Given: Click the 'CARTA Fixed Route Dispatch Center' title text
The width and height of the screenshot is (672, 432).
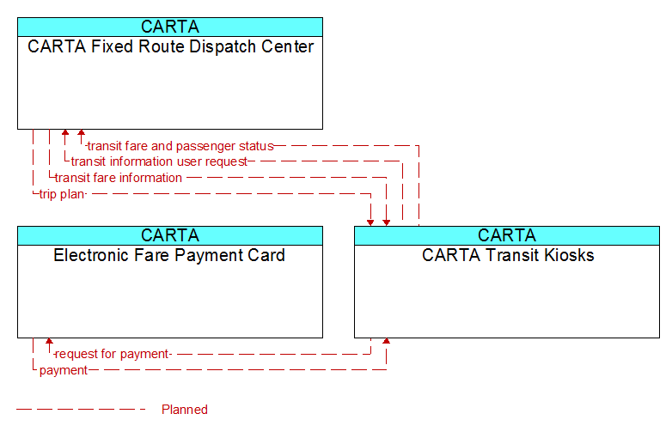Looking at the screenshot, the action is pyautogui.click(x=170, y=46).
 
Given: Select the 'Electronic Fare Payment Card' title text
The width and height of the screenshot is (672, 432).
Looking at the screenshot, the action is pyautogui.click(x=169, y=255).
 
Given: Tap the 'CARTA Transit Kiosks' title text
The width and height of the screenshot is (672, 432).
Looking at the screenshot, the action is pyautogui.click(x=508, y=255).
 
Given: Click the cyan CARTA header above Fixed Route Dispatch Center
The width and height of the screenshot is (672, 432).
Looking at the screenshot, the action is pyautogui.click(x=170, y=27).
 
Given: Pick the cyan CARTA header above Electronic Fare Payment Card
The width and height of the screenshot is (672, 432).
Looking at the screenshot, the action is pyautogui.click(x=170, y=235).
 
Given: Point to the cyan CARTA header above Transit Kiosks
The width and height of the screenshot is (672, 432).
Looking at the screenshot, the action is pyautogui.click(x=507, y=235).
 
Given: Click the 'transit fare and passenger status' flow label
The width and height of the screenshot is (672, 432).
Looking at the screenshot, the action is pyautogui.click(x=180, y=146).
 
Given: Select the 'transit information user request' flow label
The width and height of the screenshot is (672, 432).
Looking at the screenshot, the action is pyautogui.click(x=159, y=161).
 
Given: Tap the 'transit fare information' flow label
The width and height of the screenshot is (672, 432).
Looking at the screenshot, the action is pyautogui.click(x=119, y=178).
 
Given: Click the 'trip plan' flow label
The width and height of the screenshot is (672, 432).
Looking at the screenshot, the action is pyautogui.click(x=62, y=194).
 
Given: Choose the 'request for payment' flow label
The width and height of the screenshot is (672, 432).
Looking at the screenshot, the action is pyautogui.click(x=113, y=354).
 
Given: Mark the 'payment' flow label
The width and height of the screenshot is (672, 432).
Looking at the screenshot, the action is pyautogui.click(x=64, y=370).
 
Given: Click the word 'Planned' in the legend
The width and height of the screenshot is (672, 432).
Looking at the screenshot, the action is pyautogui.click(x=185, y=410).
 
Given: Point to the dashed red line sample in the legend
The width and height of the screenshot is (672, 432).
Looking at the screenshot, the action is pyautogui.click(x=81, y=410).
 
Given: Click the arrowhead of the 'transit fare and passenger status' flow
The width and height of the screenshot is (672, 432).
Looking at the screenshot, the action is pyautogui.click(x=81, y=132).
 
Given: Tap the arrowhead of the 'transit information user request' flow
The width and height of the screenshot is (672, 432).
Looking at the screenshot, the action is pyautogui.click(x=65, y=132).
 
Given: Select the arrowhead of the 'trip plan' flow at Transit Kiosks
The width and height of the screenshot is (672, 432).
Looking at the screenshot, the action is pyautogui.click(x=370, y=223).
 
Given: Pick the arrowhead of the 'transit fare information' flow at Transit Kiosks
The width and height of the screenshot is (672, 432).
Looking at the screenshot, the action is pyautogui.click(x=387, y=223).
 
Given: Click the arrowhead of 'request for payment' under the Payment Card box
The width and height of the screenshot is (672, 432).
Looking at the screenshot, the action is pyautogui.click(x=49, y=341).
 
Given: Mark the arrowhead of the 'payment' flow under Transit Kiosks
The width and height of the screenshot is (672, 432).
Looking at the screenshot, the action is pyautogui.click(x=387, y=341).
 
